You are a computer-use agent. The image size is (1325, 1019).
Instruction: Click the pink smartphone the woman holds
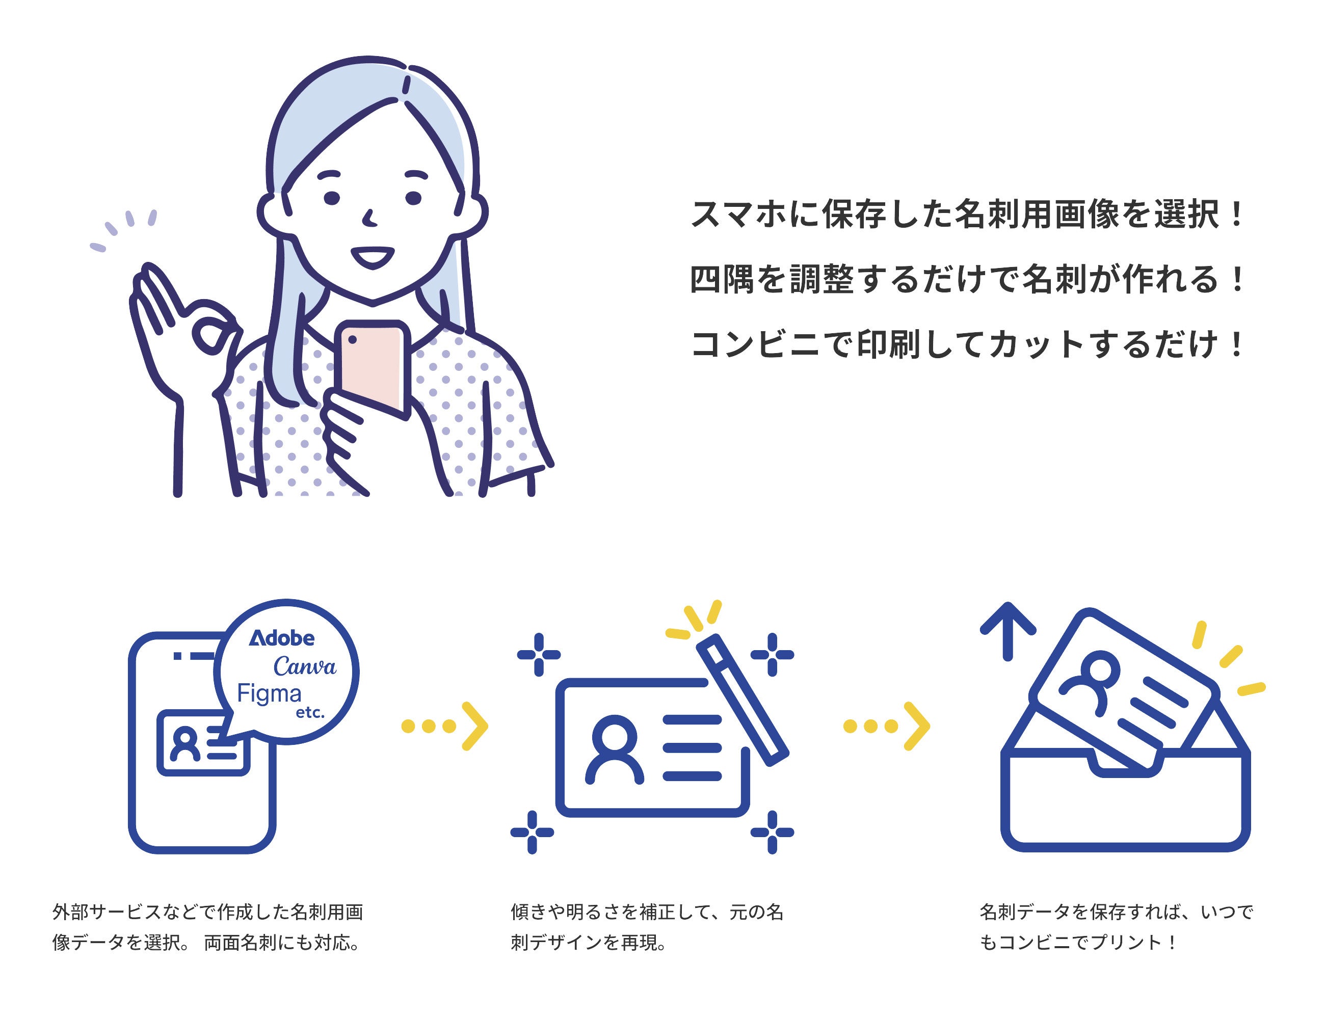pos(372,368)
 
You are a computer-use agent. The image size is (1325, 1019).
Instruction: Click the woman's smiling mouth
pos(373,257)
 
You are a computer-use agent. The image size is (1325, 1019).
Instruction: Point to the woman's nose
pos(369,218)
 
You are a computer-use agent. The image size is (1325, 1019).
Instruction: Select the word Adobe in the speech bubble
pos(282,638)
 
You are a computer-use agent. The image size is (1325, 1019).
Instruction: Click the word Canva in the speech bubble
pos(305,666)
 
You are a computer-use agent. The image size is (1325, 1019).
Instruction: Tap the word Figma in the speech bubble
pos(269,694)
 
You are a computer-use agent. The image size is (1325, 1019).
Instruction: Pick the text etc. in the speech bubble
pos(310,713)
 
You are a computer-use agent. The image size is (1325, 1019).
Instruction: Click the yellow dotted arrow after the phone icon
pos(445,726)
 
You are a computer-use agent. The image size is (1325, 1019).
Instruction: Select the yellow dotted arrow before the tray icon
pos(886,726)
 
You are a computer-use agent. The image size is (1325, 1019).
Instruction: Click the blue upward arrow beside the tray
pos(1008,631)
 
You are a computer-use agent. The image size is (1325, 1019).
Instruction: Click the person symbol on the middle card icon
pos(615,750)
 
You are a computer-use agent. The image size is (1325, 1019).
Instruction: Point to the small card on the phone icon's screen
pos(203,743)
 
